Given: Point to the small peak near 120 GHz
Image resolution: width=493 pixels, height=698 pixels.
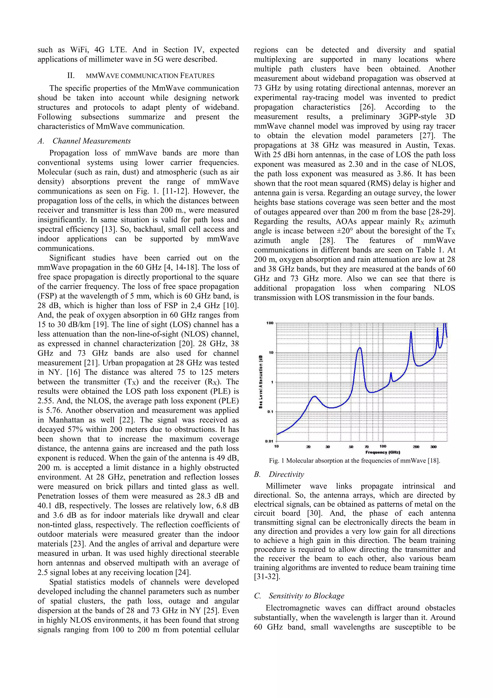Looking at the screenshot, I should pyautogui.click(x=391, y=373).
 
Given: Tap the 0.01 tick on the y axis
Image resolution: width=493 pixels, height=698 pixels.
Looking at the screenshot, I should pyautogui.click(x=269, y=441).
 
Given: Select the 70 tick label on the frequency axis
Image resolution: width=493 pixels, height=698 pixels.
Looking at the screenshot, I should pyautogui.click(x=367, y=447).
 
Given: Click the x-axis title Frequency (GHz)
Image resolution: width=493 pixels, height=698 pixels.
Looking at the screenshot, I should pyautogui.click(x=383, y=452).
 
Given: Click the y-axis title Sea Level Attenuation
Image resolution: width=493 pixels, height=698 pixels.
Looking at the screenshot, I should pyautogui.click(x=261, y=382).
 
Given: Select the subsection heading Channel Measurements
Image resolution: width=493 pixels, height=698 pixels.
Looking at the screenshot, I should pyautogui.click(x=91, y=141).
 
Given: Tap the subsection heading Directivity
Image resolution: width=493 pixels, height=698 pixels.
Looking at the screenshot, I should pyautogui.click(x=286, y=474).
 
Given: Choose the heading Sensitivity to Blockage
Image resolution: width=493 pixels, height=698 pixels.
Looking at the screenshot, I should pyautogui.click(x=306, y=596).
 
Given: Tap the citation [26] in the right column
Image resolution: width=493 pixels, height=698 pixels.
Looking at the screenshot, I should pyautogui.click(x=368, y=107).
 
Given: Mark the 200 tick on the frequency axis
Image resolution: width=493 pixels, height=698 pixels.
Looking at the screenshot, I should pyautogui.click(x=416, y=447).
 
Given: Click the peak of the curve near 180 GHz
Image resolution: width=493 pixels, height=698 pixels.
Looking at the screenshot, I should pyautogui.click(x=411, y=332).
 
